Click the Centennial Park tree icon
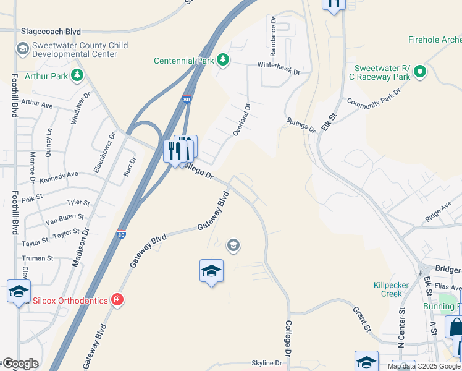(x=223, y=60)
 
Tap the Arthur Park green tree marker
(x=77, y=75)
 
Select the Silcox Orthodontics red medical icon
(x=117, y=300)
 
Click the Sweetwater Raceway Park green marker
(x=420, y=71)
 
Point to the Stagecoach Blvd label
(x=51, y=31)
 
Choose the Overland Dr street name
(x=241, y=120)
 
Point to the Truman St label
(x=38, y=258)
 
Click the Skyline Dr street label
(x=267, y=363)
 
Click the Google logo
(x=20, y=363)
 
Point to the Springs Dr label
(x=300, y=124)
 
